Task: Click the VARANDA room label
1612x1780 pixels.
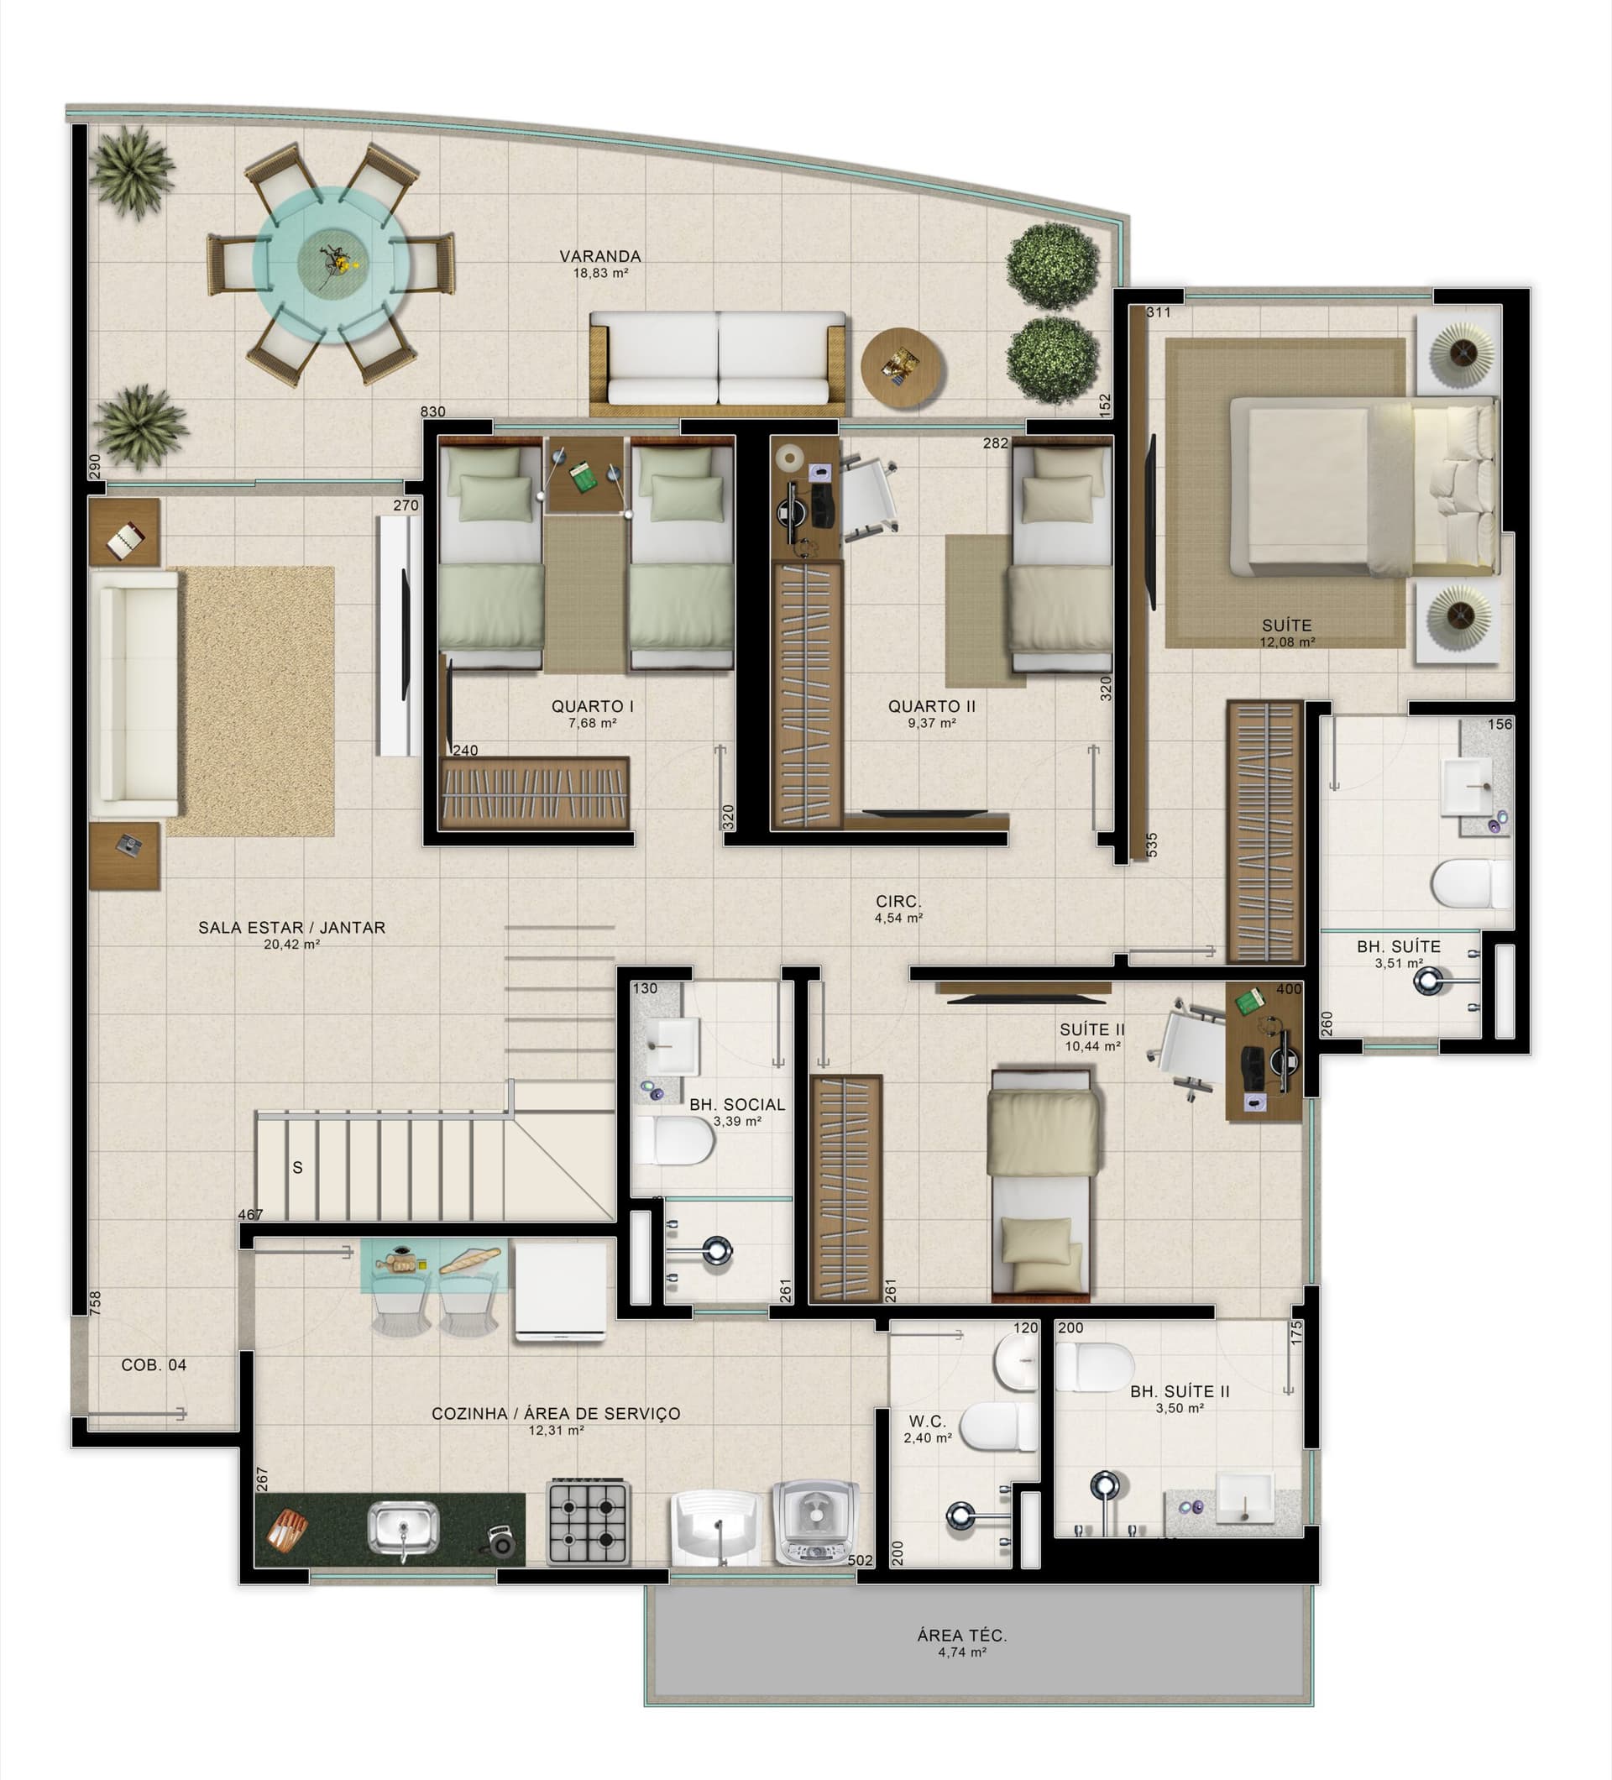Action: click(599, 256)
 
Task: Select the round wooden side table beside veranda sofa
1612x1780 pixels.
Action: click(903, 367)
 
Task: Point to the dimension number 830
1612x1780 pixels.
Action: click(432, 411)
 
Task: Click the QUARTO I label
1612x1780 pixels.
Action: click(593, 706)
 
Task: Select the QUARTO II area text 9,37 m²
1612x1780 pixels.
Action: click(931, 723)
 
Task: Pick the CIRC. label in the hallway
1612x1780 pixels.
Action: click(898, 902)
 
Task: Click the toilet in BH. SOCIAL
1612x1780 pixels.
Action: click(673, 1141)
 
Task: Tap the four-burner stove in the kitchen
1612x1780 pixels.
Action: click(587, 1522)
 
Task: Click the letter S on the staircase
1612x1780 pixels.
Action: click(297, 1167)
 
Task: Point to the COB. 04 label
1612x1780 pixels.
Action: click(154, 1365)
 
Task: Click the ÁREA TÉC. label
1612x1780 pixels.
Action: click(961, 1636)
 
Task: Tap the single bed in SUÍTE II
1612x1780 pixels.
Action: click(1043, 1183)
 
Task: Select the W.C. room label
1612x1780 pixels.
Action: click(927, 1421)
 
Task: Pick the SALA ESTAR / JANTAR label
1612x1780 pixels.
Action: click(291, 928)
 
